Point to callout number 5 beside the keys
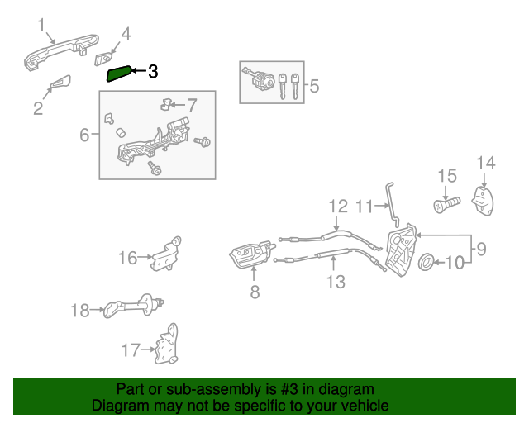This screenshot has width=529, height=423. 313,84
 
